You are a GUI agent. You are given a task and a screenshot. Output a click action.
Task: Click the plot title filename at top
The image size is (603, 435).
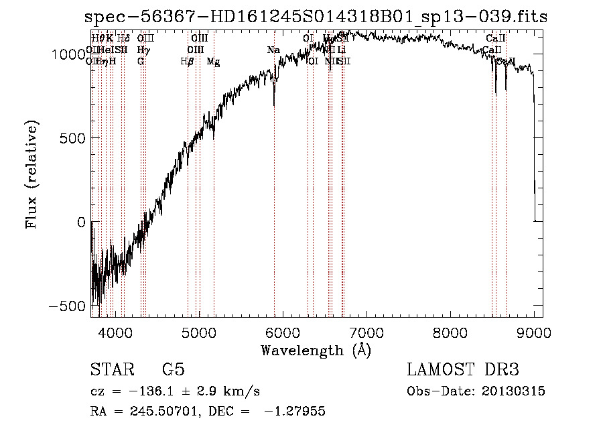click(x=316, y=17)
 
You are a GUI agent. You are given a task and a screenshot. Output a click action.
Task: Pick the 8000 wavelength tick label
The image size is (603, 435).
click(x=450, y=331)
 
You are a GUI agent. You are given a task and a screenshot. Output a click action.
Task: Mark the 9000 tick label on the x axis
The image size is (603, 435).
click(x=533, y=331)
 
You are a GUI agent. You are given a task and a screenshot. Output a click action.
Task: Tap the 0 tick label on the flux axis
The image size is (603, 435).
click(x=80, y=222)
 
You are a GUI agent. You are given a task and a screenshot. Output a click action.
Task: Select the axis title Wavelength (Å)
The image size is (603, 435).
click(x=316, y=350)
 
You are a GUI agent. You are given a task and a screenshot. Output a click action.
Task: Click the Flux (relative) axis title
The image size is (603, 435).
click(x=31, y=175)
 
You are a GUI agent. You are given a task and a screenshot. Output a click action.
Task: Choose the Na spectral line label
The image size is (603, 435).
click(x=273, y=50)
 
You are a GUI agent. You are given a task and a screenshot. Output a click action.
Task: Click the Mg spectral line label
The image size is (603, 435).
click(x=213, y=62)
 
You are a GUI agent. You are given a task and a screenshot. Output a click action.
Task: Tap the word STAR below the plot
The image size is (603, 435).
click(x=111, y=369)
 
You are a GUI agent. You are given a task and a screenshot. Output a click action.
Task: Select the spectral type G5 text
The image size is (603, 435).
click(x=174, y=369)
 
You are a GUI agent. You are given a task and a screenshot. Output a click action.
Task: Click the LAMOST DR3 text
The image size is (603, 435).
click(x=463, y=369)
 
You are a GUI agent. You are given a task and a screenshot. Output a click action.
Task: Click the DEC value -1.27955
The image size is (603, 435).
click(x=296, y=412)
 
